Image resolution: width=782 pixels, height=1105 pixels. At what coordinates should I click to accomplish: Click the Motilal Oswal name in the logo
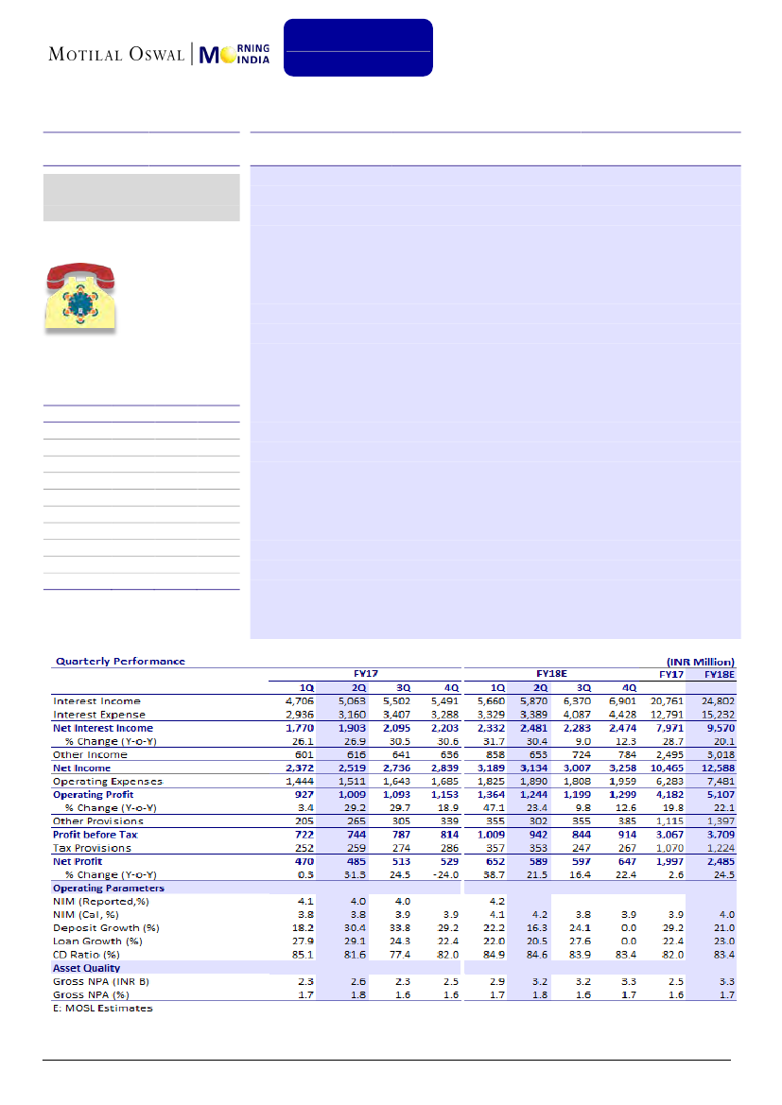[x=117, y=54]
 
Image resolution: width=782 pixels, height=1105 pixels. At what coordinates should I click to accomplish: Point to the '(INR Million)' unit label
[x=699, y=661]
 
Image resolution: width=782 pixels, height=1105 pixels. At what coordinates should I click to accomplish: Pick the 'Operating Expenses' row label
[x=108, y=782]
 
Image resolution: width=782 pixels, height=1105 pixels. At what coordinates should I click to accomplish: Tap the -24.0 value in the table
[x=441, y=875]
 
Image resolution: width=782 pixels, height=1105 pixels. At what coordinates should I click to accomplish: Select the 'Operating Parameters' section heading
[x=108, y=889]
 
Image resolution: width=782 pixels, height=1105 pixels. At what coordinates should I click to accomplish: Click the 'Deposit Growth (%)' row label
[x=105, y=928]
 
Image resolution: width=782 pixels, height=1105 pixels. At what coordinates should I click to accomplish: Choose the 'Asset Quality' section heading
[x=86, y=968]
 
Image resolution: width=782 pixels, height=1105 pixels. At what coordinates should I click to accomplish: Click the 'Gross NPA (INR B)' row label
[x=102, y=981]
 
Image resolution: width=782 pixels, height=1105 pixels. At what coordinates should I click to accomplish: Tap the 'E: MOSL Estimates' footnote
[x=102, y=1008]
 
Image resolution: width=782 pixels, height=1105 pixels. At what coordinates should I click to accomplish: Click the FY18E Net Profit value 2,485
[x=717, y=862]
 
